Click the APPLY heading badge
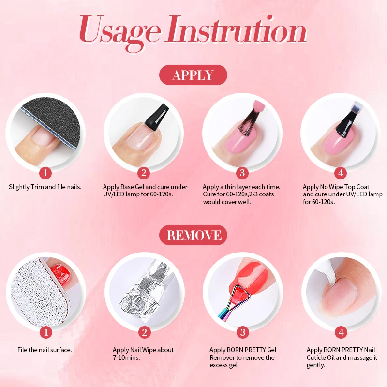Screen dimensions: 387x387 pos(193,75)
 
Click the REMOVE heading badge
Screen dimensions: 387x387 pos(193,235)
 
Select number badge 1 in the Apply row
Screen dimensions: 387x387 pos(45,172)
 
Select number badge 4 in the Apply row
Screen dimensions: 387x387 pos(341,172)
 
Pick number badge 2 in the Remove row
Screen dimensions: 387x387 pos(144,332)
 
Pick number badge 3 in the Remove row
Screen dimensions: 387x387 pos(243,332)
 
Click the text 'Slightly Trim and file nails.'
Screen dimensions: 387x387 pos(45,187)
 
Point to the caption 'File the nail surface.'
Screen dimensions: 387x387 pos(45,350)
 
